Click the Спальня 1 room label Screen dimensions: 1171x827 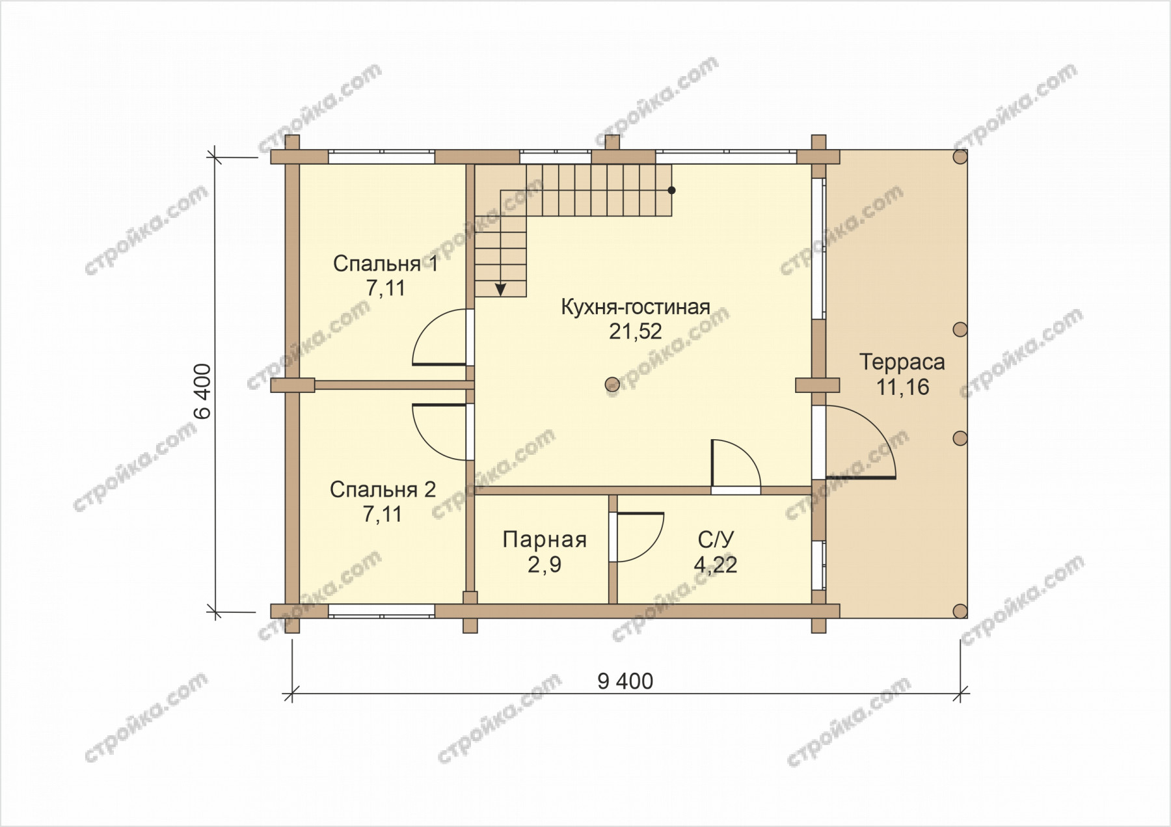pos(385,264)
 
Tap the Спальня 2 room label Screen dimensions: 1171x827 pos(383,489)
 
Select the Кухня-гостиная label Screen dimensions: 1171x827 pos(636,307)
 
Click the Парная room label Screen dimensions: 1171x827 pos(545,539)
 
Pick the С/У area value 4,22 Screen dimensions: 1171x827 pos(716,565)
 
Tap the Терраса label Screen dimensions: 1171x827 pos(902,362)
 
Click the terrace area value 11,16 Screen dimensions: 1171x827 pos(902,387)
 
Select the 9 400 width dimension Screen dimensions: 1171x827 pos(625,681)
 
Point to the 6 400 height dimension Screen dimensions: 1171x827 pos(202,391)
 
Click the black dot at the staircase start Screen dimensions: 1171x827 pos(671,191)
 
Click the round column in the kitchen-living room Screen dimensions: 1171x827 pos(612,385)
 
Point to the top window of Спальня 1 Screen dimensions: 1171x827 pos(381,157)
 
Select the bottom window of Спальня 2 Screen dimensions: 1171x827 pos(381,610)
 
